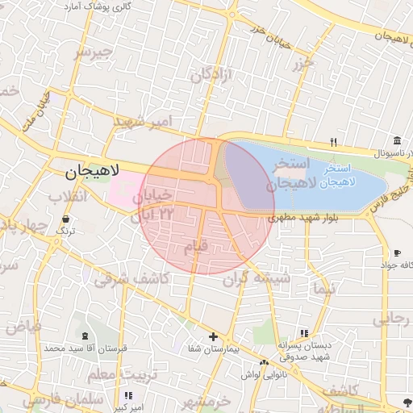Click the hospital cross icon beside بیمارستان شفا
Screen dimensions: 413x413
click(213, 336)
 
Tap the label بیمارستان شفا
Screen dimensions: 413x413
click(213, 349)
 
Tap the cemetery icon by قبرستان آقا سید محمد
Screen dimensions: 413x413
click(85, 335)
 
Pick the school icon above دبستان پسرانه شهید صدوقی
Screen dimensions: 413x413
click(303, 332)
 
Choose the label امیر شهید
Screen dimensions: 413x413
click(144, 122)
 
